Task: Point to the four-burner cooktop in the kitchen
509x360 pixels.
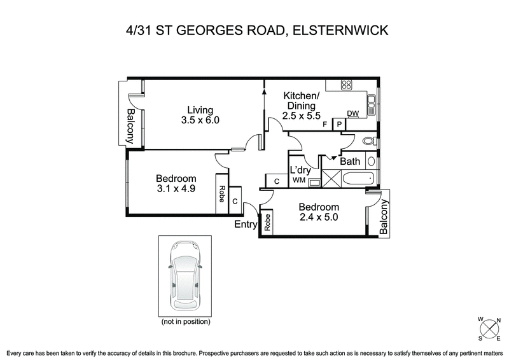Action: pos(347,85)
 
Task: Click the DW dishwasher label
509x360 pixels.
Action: pos(352,114)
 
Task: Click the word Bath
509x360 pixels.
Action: pos(350,162)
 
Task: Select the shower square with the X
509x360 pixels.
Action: pos(331,179)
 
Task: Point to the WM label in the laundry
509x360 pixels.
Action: pos(298,181)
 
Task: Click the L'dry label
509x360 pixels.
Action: pos(300,170)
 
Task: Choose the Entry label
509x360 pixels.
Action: pos(246,225)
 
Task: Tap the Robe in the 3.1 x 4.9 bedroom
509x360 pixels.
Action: pos(221,193)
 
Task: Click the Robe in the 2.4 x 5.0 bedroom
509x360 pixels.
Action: pos(268,223)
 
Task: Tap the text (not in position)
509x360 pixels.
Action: pos(185,322)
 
